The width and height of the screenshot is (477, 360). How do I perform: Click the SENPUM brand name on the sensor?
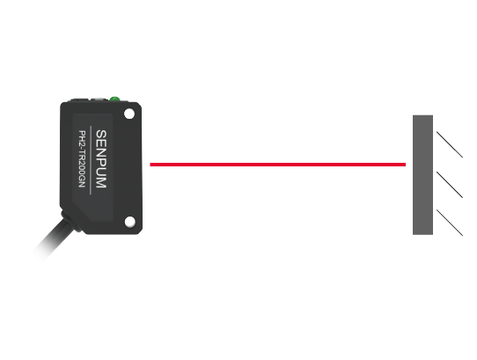click(101, 159)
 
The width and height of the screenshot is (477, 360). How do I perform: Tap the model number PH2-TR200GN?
click(82, 158)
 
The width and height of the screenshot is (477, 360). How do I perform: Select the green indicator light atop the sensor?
click(115, 99)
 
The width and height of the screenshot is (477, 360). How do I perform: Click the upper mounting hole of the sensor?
click(129, 114)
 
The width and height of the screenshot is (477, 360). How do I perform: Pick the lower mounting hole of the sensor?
click(130, 222)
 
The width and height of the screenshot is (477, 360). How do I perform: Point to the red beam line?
click(278, 165)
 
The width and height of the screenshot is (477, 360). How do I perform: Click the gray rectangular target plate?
click(422, 175)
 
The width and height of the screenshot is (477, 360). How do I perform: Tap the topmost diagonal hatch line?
click(450, 144)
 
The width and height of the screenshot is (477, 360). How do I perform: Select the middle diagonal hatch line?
click(450, 185)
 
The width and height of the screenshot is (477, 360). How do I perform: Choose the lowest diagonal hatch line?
click(450, 223)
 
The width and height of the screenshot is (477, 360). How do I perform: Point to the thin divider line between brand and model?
click(91, 160)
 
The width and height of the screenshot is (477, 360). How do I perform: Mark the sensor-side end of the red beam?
click(150, 165)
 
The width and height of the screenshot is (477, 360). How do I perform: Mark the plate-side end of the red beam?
click(406, 165)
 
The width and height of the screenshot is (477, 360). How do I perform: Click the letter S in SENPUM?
click(101, 134)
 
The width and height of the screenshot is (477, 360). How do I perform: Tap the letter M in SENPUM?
click(101, 183)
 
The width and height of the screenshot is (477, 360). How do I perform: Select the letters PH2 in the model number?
click(82, 137)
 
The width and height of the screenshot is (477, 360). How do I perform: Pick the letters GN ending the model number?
click(82, 182)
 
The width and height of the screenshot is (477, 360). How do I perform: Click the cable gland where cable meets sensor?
click(70, 220)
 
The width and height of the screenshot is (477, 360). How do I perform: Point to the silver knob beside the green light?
click(98, 99)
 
